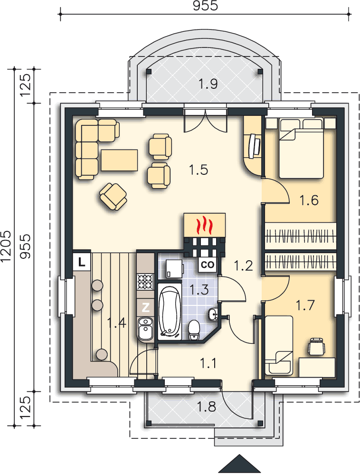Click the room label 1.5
[199, 170]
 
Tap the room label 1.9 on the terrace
[208, 84]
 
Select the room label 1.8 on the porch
[207, 407]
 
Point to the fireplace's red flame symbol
[205, 226]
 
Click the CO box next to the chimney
[208, 265]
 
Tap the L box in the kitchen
[81, 261]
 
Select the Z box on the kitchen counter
[146, 307]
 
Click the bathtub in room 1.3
[169, 312]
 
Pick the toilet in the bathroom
[193, 331]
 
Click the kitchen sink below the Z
[146, 329]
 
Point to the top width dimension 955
[205, 6]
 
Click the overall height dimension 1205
[6, 246]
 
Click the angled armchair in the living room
[113, 197]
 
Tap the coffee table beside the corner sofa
[119, 160]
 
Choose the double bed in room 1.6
[301, 149]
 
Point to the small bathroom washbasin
[213, 314]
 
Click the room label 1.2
[243, 266]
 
